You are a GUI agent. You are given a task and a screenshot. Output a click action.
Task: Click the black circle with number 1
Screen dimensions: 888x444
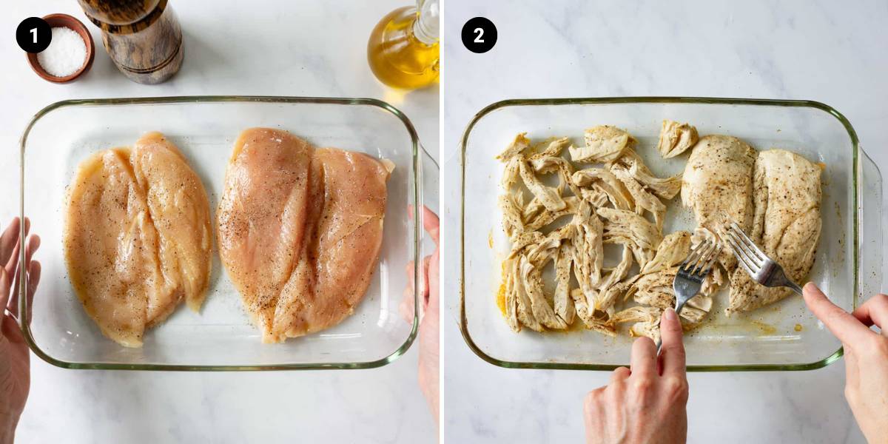point(34,35)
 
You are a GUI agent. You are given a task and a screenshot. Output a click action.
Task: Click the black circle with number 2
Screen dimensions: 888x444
point(479,35)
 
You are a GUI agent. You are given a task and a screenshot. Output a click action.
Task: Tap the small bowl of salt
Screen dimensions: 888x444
point(61,48)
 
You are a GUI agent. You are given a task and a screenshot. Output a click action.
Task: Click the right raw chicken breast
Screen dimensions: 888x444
point(303,234)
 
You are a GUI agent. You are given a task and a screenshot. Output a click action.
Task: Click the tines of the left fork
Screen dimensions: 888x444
point(700,258)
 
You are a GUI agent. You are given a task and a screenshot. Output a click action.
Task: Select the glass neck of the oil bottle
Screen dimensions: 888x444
point(426,20)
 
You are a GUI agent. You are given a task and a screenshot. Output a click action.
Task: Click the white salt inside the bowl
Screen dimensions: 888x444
point(62,52)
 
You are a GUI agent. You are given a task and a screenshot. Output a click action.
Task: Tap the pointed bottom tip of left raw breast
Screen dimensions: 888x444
point(134,343)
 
